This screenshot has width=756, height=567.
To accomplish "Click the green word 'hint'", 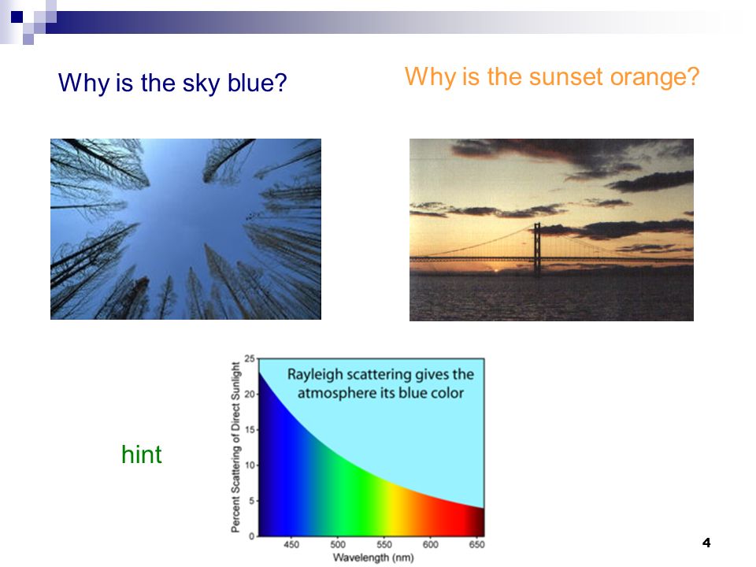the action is click(x=141, y=454).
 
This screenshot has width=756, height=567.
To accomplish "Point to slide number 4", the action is click(x=706, y=543).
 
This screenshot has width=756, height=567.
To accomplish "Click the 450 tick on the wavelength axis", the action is click(x=291, y=544).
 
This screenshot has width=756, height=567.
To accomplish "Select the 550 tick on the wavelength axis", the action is click(x=384, y=544).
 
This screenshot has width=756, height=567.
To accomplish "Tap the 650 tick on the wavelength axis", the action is click(x=477, y=544).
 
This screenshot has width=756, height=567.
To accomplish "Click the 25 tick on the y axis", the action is click(x=250, y=359).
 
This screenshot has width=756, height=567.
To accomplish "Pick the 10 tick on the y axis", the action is click(x=250, y=465).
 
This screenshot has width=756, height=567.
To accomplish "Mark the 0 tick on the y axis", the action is click(x=251, y=536).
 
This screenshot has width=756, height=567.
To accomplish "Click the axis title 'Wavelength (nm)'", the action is click(x=373, y=558).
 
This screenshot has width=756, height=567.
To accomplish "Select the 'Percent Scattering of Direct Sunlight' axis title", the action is click(x=235, y=447).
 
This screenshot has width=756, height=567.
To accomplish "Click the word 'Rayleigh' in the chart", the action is click(x=315, y=375).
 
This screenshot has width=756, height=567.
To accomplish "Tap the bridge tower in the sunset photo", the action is click(x=537, y=250).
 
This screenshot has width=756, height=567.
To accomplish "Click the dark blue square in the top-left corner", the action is click(x=17, y=17).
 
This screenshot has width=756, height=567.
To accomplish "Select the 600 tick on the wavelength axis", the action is click(x=431, y=544).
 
